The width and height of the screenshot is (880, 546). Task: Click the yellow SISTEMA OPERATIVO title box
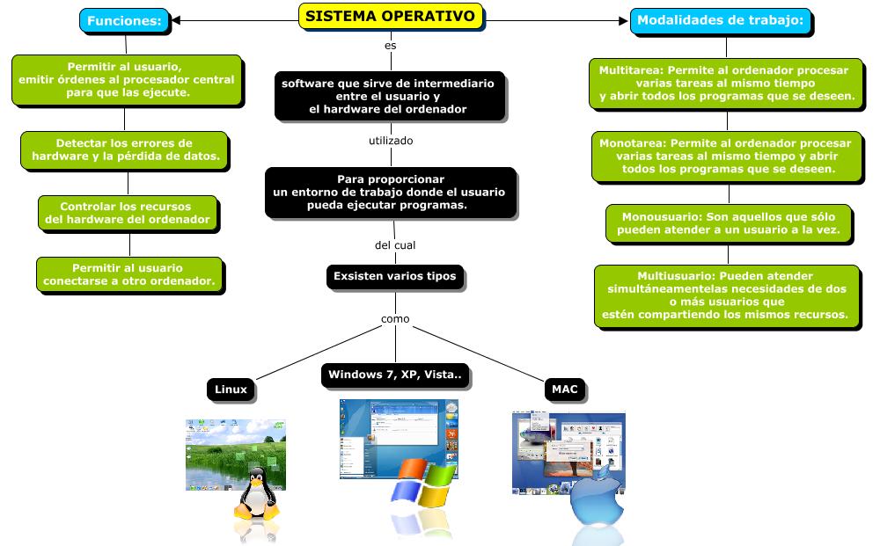[x=390, y=17]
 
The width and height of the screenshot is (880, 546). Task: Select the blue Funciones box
[x=124, y=20]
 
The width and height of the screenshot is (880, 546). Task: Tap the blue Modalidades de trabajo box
[x=720, y=20]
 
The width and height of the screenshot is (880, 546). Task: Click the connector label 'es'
[x=391, y=44]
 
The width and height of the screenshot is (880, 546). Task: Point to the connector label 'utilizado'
[x=391, y=141]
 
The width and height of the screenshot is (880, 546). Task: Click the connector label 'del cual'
[x=395, y=245]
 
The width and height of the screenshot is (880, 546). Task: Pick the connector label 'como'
[x=395, y=318]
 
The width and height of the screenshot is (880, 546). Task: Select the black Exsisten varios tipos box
[x=395, y=277]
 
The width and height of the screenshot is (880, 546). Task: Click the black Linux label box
[x=231, y=389]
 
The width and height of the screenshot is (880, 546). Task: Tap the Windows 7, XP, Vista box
[x=395, y=375]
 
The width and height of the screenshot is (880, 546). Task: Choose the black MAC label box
[x=563, y=389]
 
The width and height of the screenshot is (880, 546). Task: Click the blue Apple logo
[x=596, y=499]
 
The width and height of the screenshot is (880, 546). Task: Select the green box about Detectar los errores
[x=124, y=149]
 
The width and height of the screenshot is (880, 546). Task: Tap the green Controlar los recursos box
[x=128, y=213]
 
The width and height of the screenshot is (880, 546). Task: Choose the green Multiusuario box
[x=726, y=295]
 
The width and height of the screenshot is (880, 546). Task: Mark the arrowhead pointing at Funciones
[x=177, y=19]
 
